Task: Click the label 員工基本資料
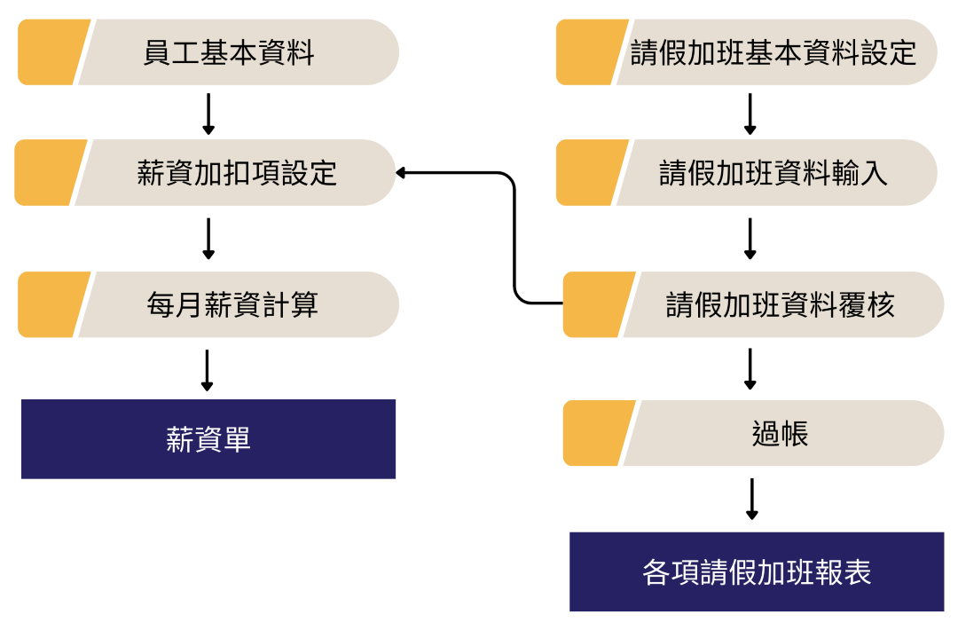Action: coord(229,53)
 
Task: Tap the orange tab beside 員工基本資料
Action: coord(50,53)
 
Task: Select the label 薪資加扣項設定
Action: coord(237,173)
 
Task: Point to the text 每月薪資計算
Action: coord(232,305)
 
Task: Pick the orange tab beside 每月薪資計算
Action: coord(50,305)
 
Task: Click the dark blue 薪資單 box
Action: coord(208,439)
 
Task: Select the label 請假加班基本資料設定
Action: coord(773,53)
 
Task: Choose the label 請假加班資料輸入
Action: coord(773,173)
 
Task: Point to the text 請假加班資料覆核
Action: coord(780,305)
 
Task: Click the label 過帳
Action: coord(780,434)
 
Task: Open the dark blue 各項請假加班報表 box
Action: coord(757,572)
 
